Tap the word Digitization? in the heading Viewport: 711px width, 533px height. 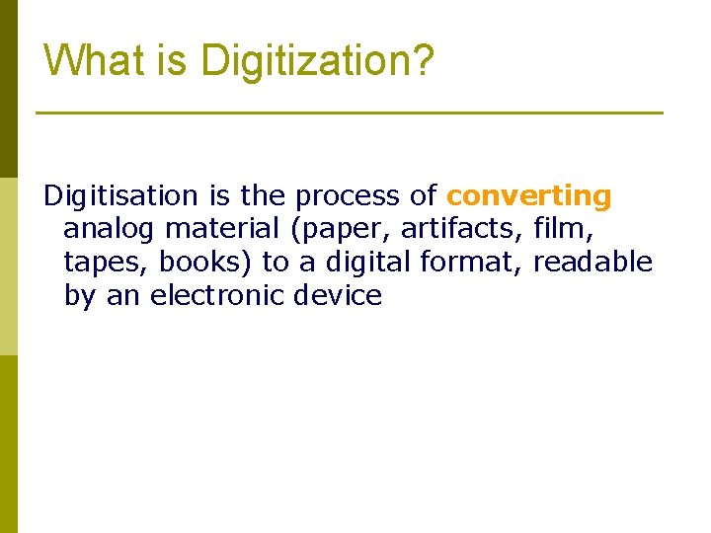[x=317, y=62]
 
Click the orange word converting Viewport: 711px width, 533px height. [x=529, y=196]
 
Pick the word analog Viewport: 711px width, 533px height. [x=109, y=230]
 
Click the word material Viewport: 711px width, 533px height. [x=223, y=230]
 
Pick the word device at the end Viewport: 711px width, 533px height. [x=338, y=295]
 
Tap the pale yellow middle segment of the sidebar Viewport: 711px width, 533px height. [x=8, y=266]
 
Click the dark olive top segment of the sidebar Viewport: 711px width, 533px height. [x=8, y=89]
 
